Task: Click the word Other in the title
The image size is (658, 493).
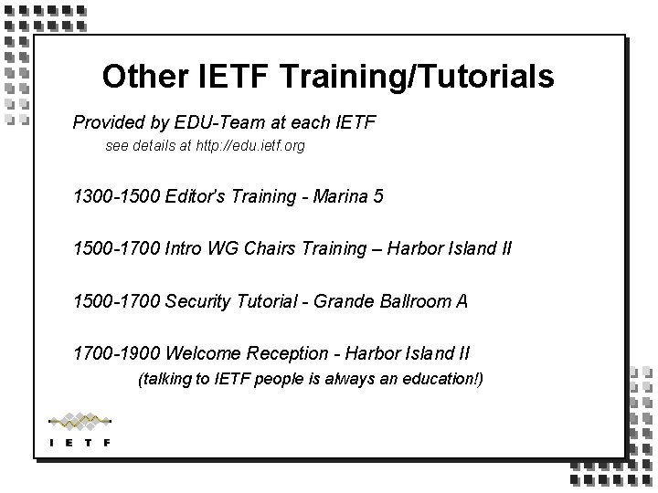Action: click(133, 77)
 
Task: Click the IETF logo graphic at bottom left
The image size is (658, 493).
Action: click(80, 430)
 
